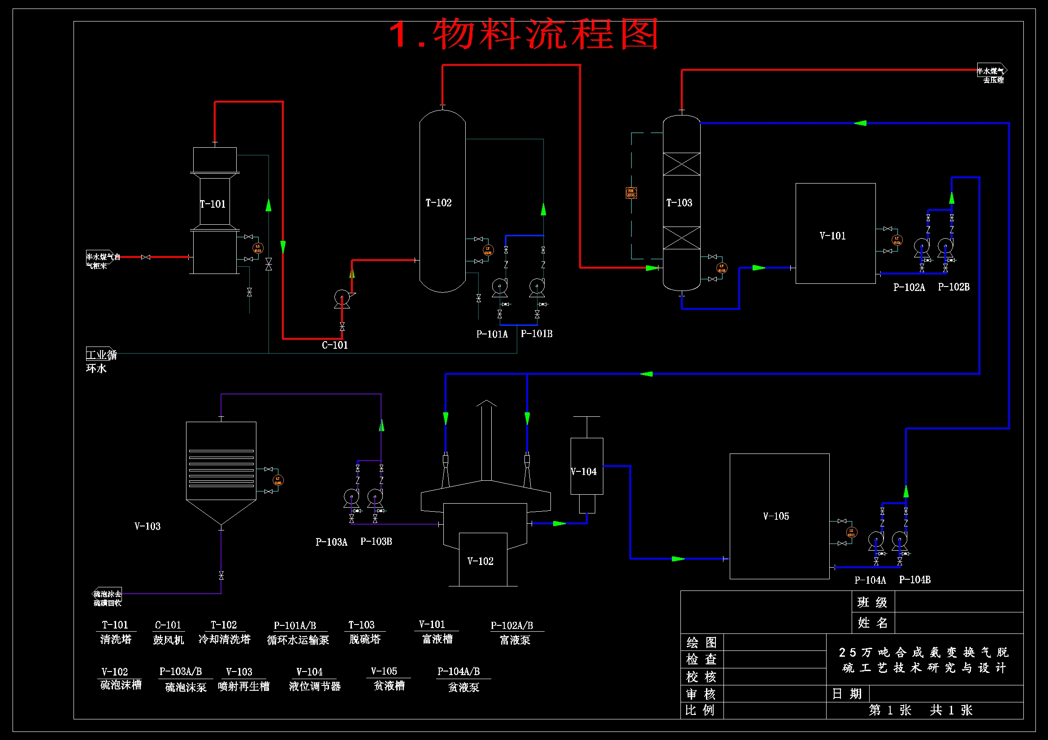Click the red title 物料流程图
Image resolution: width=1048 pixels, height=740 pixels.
pyautogui.click(x=524, y=34)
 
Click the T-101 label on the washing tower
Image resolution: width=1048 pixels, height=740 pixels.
pyautogui.click(x=213, y=204)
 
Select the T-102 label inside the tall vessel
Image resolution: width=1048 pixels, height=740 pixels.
pyautogui.click(x=438, y=202)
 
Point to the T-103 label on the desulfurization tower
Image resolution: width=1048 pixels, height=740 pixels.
pyautogui.click(x=679, y=202)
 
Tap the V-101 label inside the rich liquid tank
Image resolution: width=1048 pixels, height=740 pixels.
pyautogui.click(x=832, y=236)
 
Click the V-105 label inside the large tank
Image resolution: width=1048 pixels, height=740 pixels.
pyautogui.click(x=775, y=516)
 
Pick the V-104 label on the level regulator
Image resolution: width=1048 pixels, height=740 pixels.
pyautogui.click(x=584, y=471)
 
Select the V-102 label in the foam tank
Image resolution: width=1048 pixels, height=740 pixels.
pyautogui.click(x=480, y=561)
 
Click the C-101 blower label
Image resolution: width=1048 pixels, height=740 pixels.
pyautogui.click(x=334, y=345)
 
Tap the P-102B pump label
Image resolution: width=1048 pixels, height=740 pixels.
pyautogui.click(x=953, y=287)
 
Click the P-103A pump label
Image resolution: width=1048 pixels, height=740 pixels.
pyautogui.click(x=331, y=542)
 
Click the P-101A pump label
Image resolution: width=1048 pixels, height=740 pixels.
pyautogui.click(x=492, y=334)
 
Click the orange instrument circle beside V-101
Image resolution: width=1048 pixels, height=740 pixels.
pyautogui.click(x=896, y=240)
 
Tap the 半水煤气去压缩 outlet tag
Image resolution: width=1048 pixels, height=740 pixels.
pyautogui.click(x=992, y=75)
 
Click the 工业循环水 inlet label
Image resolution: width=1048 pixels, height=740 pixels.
pyautogui.click(x=101, y=361)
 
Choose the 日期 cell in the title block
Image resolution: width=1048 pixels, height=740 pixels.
pyautogui.click(x=847, y=693)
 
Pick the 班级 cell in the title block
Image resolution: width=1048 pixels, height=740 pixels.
pyautogui.click(x=872, y=602)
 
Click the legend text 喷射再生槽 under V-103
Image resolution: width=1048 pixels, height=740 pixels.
pyautogui.click(x=244, y=686)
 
